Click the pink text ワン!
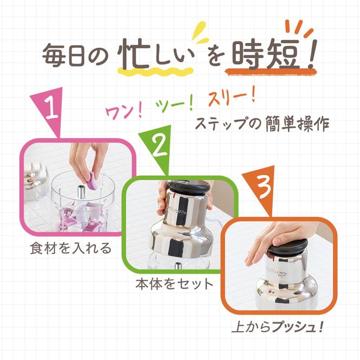[x=123, y=111]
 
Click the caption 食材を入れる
[x=71, y=248]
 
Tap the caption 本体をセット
[x=174, y=284]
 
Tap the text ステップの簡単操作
[x=262, y=123]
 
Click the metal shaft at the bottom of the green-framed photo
[x=177, y=266]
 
